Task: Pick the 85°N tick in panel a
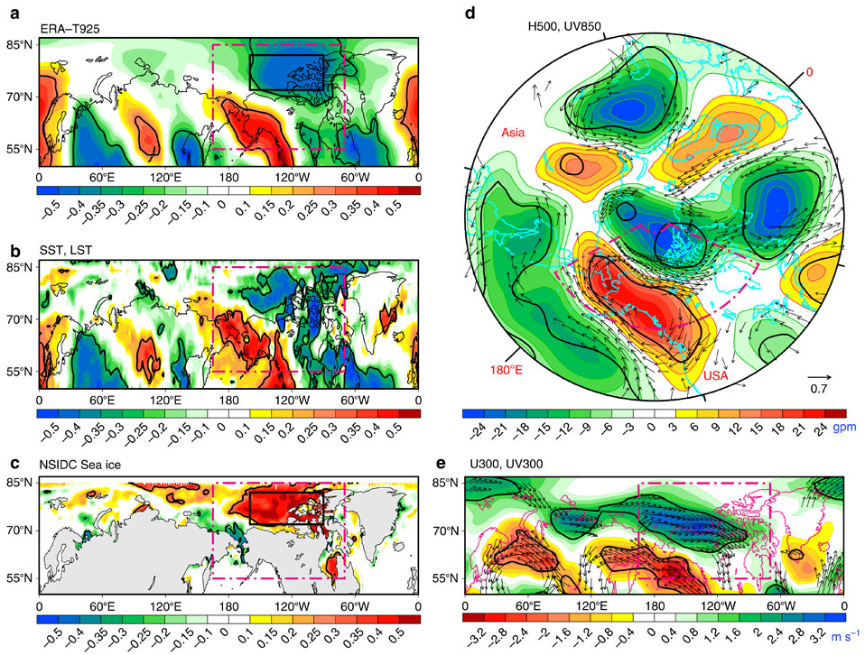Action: tap(19, 44)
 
